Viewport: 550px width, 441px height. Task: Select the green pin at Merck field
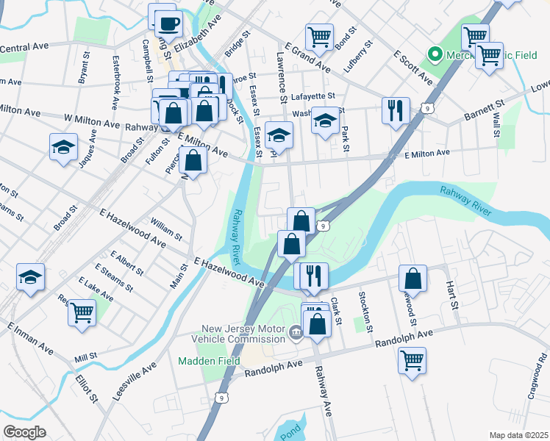pyautogui.click(x=435, y=54)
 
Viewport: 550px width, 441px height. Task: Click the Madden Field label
pyautogui.click(x=202, y=361)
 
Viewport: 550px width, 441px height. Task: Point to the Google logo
pyautogui.click(x=24, y=431)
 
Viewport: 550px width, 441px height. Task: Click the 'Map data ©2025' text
pyautogui.click(x=518, y=434)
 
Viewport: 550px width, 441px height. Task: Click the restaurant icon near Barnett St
pyautogui.click(x=396, y=110)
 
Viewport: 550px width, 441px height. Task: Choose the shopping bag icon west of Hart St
pyautogui.click(x=413, y=279)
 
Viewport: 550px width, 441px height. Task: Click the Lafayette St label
pyautogui.click(x=312, y=96)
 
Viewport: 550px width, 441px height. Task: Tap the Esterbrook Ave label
pyautogui.click(x=115, y=71)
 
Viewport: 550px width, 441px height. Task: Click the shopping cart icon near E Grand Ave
pyautogui.click(x=319, y=37)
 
